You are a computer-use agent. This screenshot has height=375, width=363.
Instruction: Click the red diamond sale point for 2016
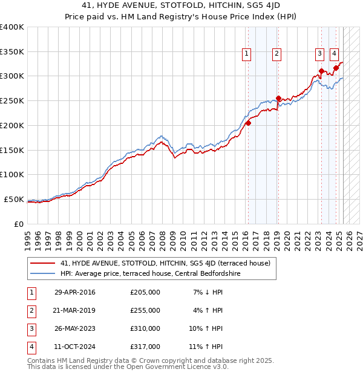[x=248, y=123]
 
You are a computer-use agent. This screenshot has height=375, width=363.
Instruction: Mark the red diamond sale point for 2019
[x=278, y=99]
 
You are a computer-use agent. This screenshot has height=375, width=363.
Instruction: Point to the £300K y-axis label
[x=12, y=76]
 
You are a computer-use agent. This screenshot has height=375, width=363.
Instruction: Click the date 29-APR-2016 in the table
[x=75, y=292]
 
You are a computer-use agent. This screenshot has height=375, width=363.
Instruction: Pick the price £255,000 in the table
[x=145, y=310]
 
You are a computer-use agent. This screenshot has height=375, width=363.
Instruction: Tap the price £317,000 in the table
[x=145, y=347]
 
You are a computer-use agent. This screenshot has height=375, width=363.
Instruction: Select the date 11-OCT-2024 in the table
[x=75, y=347]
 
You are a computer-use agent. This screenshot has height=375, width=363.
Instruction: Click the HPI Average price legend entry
[x=151, y=273]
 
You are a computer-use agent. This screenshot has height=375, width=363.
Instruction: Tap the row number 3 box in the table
[x=31, y=328]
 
